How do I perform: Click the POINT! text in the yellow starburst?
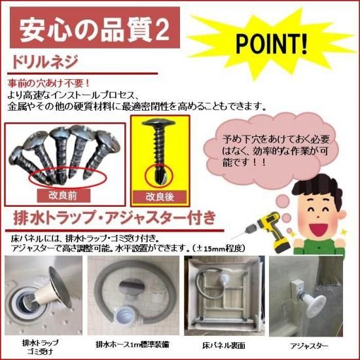[x=272, y=44]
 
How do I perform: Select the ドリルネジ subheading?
[x=45, y=62]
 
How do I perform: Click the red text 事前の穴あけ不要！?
[x=48, y=83]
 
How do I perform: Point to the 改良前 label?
[x=62, y=196]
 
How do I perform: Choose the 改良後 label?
[x=160, y=197]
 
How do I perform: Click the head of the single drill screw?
[x=158, y=123]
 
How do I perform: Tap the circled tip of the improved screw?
[x=158, y=176]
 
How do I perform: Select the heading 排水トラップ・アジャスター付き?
[x=115, y=218]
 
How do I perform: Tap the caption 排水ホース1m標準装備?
[x=132, y=344]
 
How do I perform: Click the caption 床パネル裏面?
[x=224, y=345]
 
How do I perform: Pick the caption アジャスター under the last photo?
[x=309, y=346]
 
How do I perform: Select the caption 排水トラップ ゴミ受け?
[x=41, y=346]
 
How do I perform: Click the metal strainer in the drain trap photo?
[x=60, y=287]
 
